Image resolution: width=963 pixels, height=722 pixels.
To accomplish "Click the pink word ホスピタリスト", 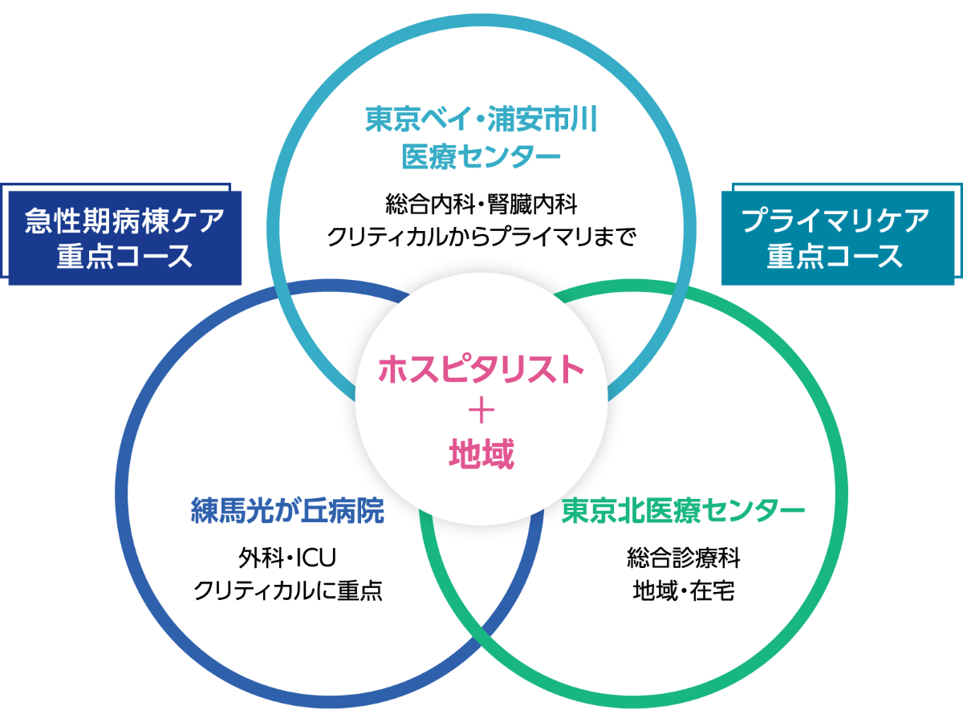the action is tap(481, 369).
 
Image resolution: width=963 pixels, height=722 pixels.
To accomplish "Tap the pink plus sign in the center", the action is tap(481, 412).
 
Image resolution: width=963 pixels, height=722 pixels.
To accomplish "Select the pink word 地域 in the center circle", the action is tap(481, 454).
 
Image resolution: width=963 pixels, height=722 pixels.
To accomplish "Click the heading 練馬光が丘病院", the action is tap(288, 511).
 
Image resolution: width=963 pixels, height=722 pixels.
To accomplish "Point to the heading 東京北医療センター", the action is tap(683, 511).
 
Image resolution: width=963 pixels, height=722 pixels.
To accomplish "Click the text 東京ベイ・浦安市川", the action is tap(481, 119).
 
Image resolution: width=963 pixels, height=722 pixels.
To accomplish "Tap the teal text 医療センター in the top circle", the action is tap(481, 156).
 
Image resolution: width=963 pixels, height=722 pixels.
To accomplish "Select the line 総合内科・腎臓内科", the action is tap(481, 204).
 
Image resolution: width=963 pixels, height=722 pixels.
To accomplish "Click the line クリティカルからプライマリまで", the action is tap(481, 237).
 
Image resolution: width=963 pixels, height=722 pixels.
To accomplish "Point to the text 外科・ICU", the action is tap(287, 558).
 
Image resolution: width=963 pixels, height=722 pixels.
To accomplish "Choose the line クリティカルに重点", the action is tap(288, 590).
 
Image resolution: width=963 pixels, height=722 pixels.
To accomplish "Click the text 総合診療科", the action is tap(684, 558).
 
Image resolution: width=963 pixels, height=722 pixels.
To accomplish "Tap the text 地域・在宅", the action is tap(684, 590).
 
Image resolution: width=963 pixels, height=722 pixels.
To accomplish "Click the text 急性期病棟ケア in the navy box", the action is tap(124, 221).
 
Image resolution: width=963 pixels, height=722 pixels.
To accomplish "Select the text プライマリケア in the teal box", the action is tap(835, 221).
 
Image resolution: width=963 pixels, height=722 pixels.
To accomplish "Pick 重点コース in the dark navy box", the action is tap(124, 257).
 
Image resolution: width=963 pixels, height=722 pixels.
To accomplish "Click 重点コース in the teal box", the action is tap(835, 257).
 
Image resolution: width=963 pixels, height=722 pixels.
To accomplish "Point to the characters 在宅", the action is tap(713, 590).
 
